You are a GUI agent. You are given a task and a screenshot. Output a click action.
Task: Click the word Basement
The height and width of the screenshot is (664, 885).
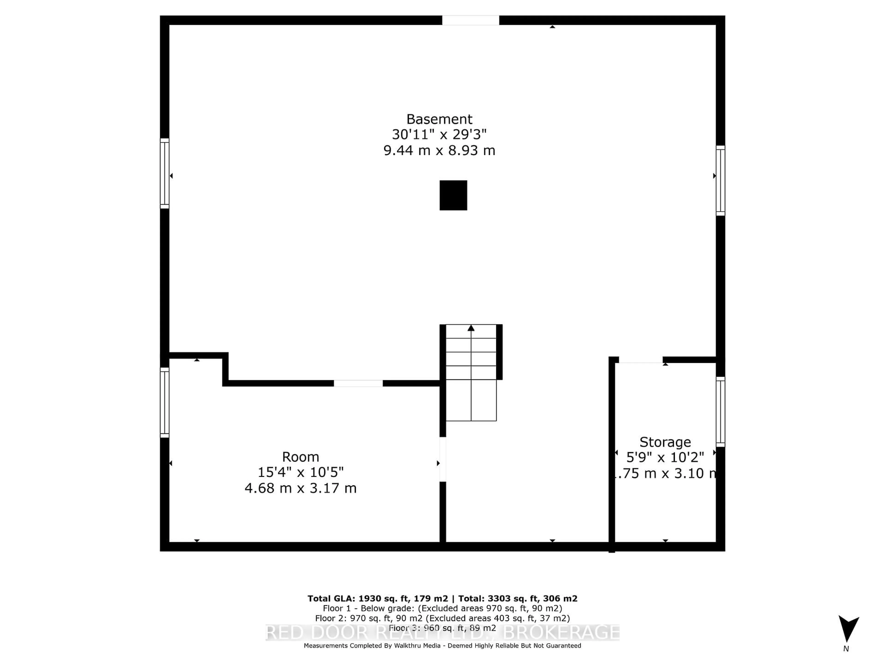[439, 119]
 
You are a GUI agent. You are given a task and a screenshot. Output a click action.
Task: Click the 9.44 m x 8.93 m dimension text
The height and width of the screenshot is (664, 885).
[439, 151]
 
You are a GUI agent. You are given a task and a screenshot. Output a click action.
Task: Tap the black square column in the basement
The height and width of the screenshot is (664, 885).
[453, 195]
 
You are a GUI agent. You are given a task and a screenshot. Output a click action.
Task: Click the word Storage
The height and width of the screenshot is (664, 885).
[665, 442]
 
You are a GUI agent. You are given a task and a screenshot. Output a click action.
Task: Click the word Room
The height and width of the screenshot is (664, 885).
[301, 457]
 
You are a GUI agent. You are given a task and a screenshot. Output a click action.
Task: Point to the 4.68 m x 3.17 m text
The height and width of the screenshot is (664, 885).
[301, 488]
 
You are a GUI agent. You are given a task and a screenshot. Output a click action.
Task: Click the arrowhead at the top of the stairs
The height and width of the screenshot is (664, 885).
[471, 328]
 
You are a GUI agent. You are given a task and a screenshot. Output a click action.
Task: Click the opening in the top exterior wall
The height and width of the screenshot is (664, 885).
[471, 20]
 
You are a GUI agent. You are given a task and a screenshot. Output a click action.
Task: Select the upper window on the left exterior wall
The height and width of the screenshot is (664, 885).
[164, 173]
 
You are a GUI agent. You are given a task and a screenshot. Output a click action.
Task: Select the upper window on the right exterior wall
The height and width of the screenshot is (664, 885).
[720, 181]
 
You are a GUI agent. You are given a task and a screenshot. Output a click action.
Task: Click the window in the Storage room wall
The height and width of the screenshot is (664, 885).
[720, 412]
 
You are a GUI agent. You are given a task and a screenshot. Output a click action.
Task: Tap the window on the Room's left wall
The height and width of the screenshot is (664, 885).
[164, 403]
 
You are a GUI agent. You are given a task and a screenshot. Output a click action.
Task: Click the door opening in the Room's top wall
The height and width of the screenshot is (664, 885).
[358, 383]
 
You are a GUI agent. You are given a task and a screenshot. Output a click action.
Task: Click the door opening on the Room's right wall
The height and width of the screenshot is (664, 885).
[442, 459]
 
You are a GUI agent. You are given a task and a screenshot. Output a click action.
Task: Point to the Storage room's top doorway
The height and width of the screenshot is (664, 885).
[640, 360]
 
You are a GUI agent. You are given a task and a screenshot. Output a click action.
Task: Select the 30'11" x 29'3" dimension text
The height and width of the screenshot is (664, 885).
[439, 134]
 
